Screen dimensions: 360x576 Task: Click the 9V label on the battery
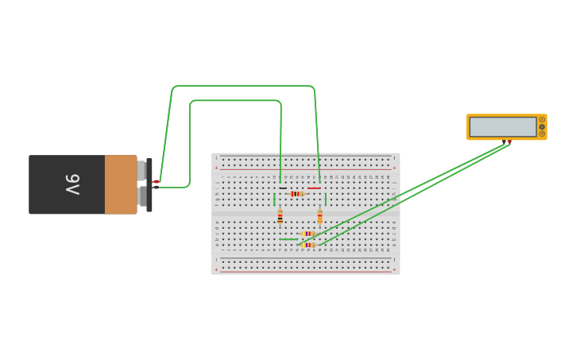[72, 184]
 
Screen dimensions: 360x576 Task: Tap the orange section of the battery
[121, 184]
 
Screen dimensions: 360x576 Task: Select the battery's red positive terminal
[157, 182]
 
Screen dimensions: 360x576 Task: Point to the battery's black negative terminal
[156, 188]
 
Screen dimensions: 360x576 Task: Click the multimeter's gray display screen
[503, 127]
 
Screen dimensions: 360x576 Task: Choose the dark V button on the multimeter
[542, 126]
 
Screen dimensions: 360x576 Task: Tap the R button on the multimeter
[542, 134]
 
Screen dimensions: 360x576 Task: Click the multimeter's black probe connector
[504, 142]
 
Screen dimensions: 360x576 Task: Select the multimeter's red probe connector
[509, 142]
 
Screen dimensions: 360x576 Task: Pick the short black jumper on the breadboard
[283, 188]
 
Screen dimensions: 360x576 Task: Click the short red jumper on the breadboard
[314, 188]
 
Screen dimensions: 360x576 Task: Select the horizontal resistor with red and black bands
[296, 194]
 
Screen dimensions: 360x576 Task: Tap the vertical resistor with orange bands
[320, 216]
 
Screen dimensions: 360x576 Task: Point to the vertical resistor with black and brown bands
[280, 216]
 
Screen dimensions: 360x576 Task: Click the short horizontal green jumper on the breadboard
[288, 239]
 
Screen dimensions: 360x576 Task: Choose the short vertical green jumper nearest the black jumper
[274, 199]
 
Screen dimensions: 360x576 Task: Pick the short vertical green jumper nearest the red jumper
[326, 199]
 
